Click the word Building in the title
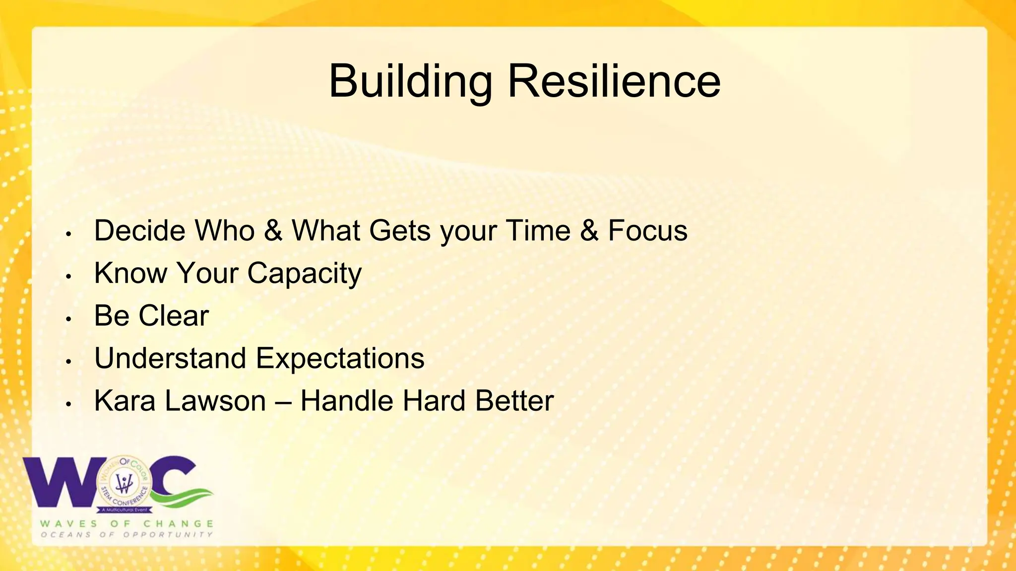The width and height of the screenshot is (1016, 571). (410, 82)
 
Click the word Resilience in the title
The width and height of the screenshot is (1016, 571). (614, 82)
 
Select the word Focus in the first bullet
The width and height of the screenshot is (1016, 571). (647, 231)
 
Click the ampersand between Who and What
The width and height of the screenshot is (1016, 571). (273, 231)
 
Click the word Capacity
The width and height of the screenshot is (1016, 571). (305, 274)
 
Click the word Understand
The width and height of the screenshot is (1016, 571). (170, 358)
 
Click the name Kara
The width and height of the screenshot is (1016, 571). (125, 401)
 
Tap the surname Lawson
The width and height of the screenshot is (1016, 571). (215, 401)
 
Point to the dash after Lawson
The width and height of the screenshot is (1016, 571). (283, 402)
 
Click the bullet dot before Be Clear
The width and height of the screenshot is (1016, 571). (69, 319)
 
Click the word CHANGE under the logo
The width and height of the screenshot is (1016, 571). (179, 524)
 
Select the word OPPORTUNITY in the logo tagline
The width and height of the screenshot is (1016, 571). (168, 535)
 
